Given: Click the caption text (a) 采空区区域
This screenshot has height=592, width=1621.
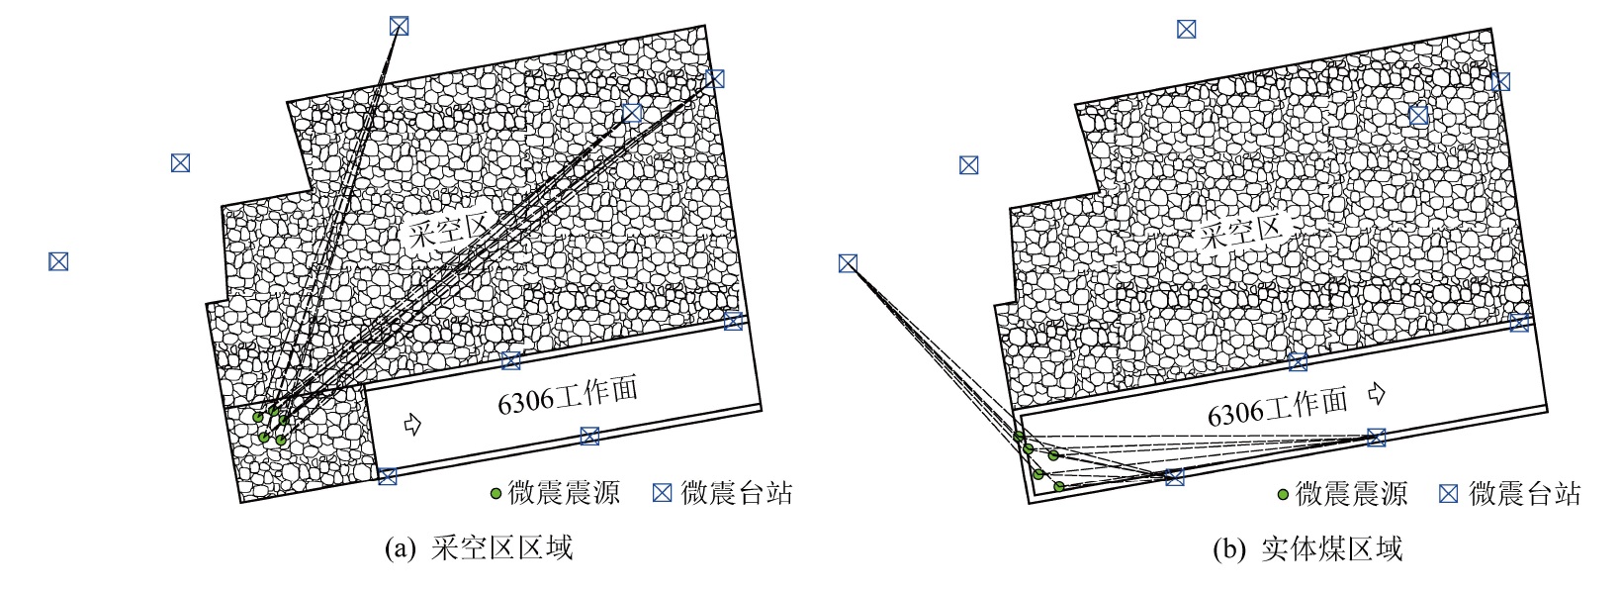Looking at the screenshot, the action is pyautogui.click(x=479, y=548).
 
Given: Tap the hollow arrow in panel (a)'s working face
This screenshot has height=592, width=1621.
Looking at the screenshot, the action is pyautogui.click(x=412, y=424).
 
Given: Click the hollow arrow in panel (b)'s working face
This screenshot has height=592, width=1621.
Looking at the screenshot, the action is pyautogui.click(x=1377, y=393).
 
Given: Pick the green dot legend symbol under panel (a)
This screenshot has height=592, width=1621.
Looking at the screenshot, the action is pyautogui.click(x=495, y=493).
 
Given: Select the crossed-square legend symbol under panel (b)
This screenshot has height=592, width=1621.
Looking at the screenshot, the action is pyautogui.click(x=1448, y=493).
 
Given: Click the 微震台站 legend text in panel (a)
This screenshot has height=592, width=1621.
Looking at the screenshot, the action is pyautogui.click(x=737, y=493).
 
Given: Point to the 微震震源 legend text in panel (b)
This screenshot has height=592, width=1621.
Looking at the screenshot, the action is pyautogui.click(x=1351, y=493).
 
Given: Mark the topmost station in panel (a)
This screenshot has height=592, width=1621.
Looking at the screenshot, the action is pyautogui.click(x=399, y=26).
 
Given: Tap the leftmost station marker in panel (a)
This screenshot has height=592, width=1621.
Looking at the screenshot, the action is pyautogui.click(x=58, y=261).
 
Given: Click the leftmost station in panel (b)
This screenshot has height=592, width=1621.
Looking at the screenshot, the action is pyautogui.click(x=849, y=263).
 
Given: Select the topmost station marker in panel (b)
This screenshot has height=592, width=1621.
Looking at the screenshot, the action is pyautogui.click(x=1186, y=29).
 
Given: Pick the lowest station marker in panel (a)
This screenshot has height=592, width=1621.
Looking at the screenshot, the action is pyautogui.click(x=387, y=476).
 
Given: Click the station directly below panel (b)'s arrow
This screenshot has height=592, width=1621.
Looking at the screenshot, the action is pyautogui.click(x=1377, y=437).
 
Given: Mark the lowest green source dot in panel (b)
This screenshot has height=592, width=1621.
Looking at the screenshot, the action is pyautogui.click(x=1058, y=486).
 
